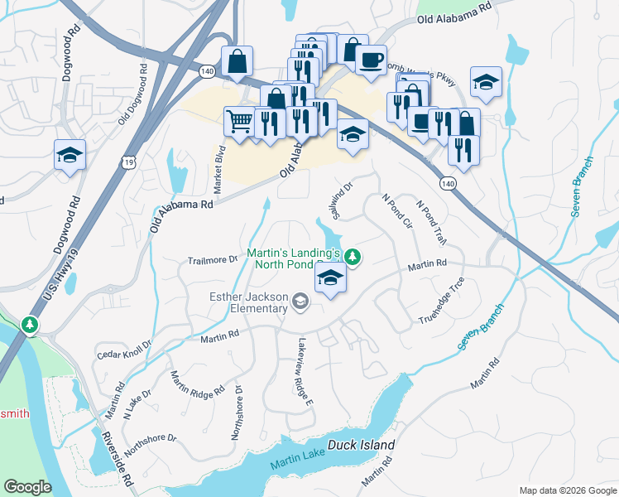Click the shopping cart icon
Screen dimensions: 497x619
point(240,121)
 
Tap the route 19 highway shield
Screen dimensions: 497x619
point(127,163)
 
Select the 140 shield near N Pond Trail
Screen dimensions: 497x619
point(448,183)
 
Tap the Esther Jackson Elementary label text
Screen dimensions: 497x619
point(249,303)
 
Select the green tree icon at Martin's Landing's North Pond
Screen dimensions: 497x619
point(353,257)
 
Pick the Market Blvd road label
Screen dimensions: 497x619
point(220,170)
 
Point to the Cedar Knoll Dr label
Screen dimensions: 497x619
point(125,350)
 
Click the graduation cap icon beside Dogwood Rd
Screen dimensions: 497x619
point(70,154)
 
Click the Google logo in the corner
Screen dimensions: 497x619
point(27,486)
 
